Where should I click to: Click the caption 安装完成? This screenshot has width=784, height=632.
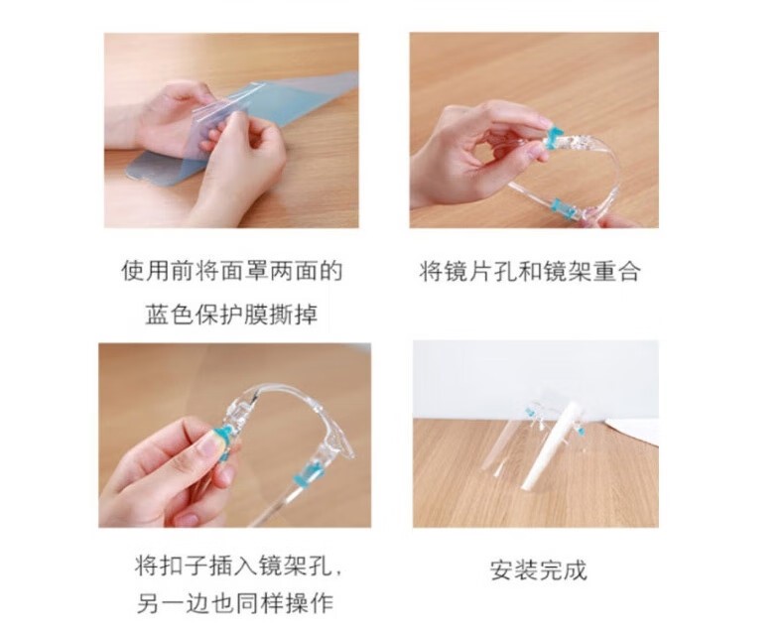[x=539, y=570]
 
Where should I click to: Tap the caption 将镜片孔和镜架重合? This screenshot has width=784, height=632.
[x=530, y=272]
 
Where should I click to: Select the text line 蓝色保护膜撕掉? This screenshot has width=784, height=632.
[x=231, y=315]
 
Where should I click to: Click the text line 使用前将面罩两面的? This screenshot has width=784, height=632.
[x=232, y=271]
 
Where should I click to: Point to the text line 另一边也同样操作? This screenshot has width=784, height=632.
[x=235, y=603]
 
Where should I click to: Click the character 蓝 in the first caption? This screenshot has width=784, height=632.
[x=157, y=315]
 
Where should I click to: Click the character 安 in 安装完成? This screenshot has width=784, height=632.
[x=501, y=570]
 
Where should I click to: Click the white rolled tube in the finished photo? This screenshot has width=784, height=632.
[x=543, y=446]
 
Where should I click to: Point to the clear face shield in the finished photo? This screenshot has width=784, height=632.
[x=501, y=440]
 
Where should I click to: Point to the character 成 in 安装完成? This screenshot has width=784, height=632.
[x=576, y=570]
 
